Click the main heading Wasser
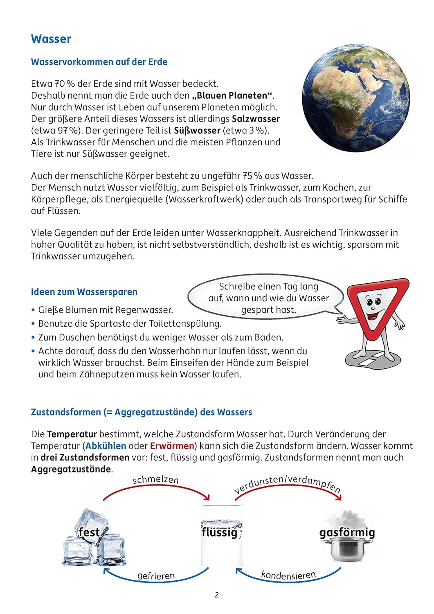coord(51,39)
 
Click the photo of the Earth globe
coord(355,98)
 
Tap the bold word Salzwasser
coord(256,119)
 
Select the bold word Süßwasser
coord(197,131)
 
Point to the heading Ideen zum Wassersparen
coord(84,292)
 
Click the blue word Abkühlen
coord(106,446)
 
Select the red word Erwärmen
coord(172,446)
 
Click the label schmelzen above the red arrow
coord(156,480)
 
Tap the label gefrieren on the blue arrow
coord(156,576)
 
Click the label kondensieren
coord(288,575)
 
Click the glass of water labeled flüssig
coord(221,536)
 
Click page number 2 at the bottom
coord(217,595)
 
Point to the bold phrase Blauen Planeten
coord(232,96)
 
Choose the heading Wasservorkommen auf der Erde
coord(99,62)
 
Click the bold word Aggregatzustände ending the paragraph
coord(71,470)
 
